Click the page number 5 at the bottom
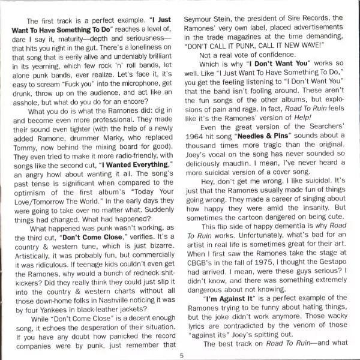tap(181, 355)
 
